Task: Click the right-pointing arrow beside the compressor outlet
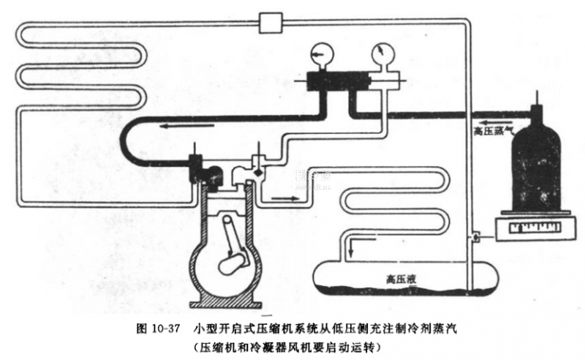281,198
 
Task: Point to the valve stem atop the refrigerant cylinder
538,99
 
